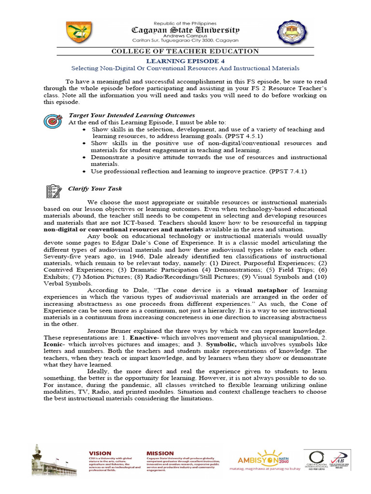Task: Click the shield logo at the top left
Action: [81, 32]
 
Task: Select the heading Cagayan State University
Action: [185, 30]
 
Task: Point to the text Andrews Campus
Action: [185, 37]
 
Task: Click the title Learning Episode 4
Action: [185, 61]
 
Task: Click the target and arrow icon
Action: [51, 121]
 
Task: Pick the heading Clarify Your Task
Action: [95, 189]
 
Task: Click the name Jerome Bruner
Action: [110, 331]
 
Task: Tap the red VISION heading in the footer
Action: [100, 453]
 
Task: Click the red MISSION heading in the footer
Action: [160, 453]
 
